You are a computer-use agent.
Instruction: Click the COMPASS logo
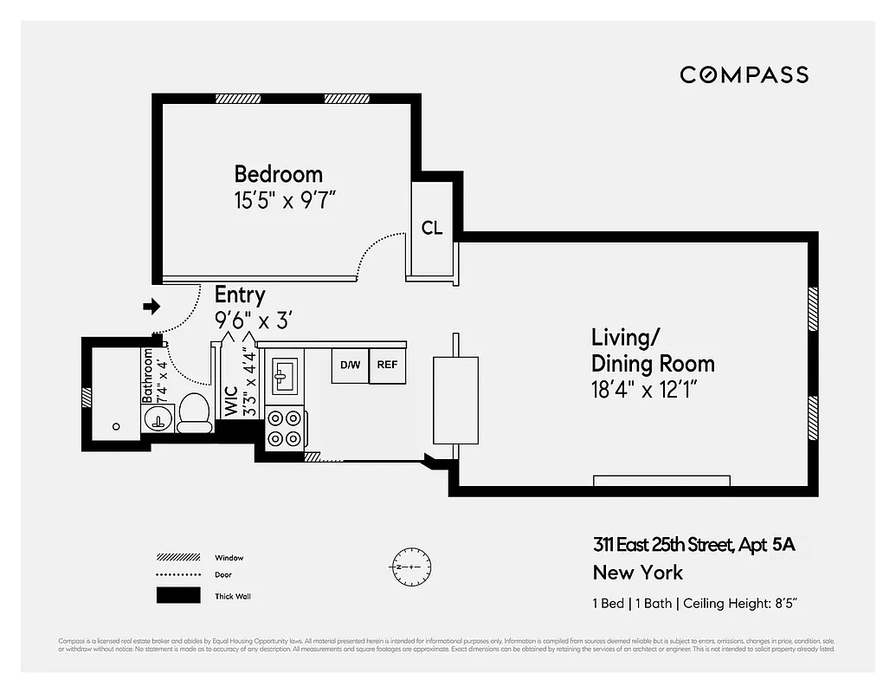[744, 74]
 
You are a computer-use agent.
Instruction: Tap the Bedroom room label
[278, 174]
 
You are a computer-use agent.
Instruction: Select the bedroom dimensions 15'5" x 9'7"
[284, 202]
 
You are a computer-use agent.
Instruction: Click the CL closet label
[432, 229]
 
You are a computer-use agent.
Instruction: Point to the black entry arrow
[151, 306]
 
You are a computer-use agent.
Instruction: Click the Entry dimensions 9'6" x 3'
[253, 321]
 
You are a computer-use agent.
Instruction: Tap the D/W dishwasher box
[350, 365]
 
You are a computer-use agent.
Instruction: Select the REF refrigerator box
[387, 365]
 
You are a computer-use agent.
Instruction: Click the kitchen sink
[283, 373]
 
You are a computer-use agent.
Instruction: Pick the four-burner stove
[285, 428]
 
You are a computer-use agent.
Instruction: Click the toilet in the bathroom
[194, 412]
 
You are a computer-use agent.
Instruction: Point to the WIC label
[231, 400]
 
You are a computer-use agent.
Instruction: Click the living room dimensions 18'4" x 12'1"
[644, 390]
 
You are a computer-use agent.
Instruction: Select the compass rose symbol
[406, 566]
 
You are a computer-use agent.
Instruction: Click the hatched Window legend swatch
[172, 557]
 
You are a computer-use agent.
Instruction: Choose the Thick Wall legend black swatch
[172, 596]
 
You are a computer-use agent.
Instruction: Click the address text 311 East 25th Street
[664, 545]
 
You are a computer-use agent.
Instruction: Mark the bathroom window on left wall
[87, 397]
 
